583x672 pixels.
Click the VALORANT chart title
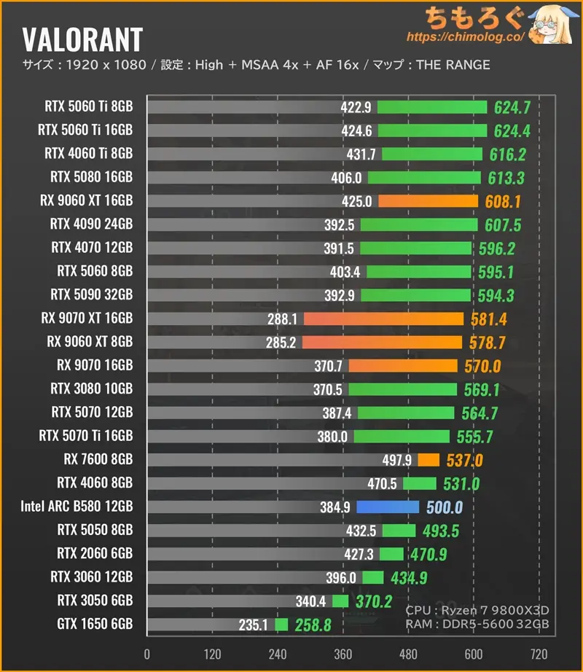coord(82,39)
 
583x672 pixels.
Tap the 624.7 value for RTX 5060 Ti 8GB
coord(512,107)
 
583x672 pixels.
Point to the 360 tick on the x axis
coord(343,652)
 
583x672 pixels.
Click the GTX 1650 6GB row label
coord(95,625)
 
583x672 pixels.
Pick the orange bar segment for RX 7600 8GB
coord(429,460)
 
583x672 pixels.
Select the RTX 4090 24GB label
coord(91,224)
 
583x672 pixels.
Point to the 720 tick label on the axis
coord(539,652)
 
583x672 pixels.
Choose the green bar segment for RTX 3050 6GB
coord(340,601)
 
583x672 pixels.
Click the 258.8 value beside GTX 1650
coord(313,625)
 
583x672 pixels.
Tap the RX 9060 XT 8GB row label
coord(90,342)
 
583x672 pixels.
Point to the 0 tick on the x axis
coord(147,652)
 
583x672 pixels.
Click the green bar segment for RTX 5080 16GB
coord(424,177)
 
